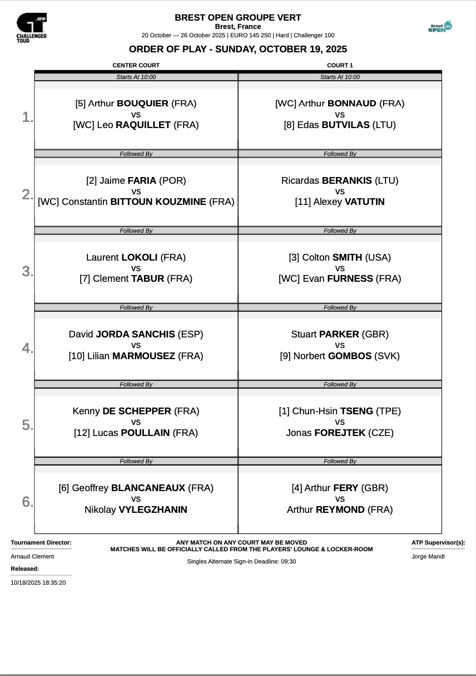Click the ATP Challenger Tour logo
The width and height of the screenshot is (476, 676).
[32, 27]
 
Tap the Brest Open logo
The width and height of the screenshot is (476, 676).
[440, 27]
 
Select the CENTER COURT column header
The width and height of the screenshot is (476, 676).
[136, 66]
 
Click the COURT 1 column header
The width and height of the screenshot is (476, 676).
[340, 66]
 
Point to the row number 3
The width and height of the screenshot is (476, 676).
[27, 271]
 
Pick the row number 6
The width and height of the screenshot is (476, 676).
[27, 502]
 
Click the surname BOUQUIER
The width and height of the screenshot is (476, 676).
[142, 104]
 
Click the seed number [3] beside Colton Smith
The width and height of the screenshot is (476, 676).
[294, 257]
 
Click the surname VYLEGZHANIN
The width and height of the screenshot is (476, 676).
[153, 510]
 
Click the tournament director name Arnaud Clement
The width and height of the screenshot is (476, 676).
[32, 556]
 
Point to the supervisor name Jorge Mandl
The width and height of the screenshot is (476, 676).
[428, 556]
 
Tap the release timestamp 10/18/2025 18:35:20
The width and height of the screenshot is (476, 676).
[38, 582]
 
